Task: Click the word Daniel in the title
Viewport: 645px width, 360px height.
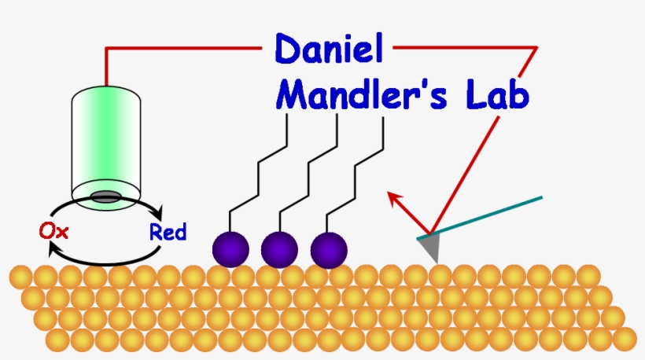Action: pyautogui.click(x=329, y=50)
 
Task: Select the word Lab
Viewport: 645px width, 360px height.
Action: pyautogui.click(x=495, y=97)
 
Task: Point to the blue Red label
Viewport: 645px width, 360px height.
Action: pyautogui.click(x=168, y=232)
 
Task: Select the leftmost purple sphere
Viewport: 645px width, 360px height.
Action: pyautogui.click(x=230, y=250)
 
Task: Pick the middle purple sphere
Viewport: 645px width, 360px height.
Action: pyautogui.click(x=279, y=250)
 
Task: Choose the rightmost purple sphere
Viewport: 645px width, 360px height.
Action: pyautogui.click(x=329, y=250)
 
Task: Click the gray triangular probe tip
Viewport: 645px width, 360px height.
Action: pyautogui.click(x=429, y=247)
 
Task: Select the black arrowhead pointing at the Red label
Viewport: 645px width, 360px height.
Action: pyautogui.click(x=158, y=213)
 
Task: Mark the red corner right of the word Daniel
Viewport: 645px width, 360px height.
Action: pyautogui.click(x=536, y=48)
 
